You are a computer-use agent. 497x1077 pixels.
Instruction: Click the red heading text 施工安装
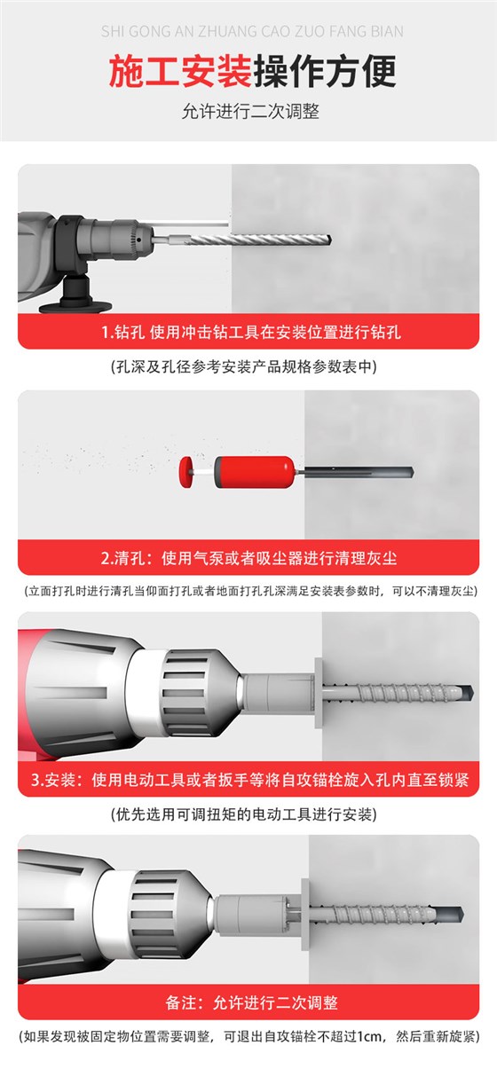point(180,72)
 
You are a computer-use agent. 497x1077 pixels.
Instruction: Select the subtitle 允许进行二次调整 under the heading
point(249,112)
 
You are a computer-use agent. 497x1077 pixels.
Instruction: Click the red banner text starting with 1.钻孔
point(249,334)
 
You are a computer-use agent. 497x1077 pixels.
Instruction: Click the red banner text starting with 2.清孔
point(249,559)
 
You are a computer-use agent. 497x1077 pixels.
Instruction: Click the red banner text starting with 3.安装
point(249,781)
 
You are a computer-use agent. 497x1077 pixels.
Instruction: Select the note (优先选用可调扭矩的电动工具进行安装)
point(249,814)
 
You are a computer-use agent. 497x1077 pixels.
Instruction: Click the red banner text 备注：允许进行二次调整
point(251,1003)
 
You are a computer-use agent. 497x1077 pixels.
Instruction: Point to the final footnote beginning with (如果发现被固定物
point(249,1035)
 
